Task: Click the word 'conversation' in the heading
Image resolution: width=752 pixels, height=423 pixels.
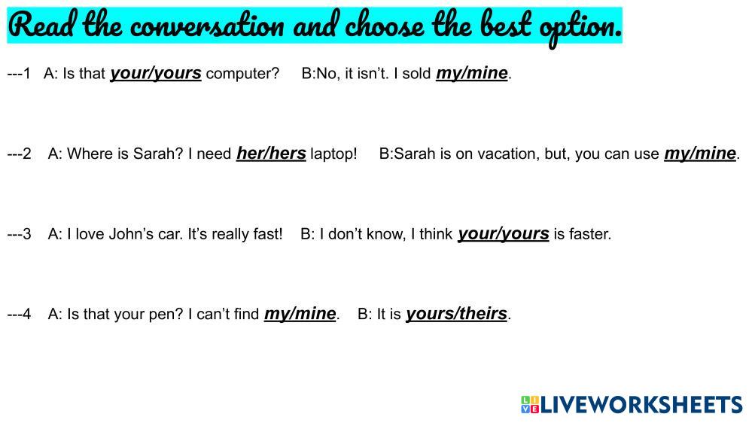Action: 208,26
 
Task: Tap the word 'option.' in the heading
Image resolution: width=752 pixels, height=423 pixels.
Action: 581,29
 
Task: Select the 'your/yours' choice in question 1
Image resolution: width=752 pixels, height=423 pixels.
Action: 156,73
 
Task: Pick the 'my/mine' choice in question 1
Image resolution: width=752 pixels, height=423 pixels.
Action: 472,73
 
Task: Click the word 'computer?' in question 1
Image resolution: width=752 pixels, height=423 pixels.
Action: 242,74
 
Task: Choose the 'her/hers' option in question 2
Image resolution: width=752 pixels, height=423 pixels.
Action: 271,154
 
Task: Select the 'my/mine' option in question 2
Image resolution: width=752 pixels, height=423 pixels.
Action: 700,154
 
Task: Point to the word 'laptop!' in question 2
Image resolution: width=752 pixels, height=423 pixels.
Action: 333,154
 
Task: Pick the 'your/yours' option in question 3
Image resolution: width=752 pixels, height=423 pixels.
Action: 504,234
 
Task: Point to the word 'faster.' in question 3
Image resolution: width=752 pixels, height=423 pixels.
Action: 591,234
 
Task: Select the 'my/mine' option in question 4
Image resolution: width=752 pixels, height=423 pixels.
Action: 300,314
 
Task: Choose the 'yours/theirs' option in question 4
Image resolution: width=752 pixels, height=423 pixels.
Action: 457,314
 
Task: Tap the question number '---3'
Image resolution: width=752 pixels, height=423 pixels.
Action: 19,234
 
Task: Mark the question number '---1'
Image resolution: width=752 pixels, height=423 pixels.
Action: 19,74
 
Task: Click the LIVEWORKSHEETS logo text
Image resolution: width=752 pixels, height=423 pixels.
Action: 641,405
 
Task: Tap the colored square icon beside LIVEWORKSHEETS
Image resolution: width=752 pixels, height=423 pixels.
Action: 530,405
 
